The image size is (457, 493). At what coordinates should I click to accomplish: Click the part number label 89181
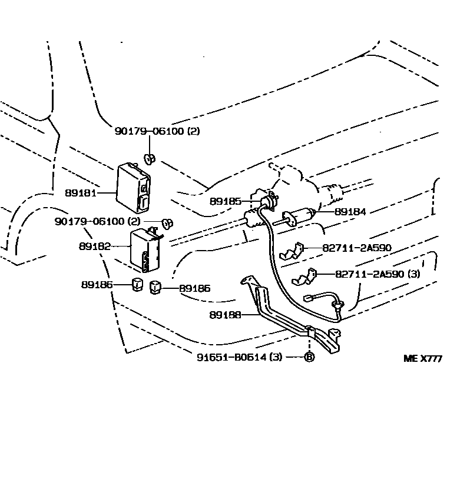coord(81,193)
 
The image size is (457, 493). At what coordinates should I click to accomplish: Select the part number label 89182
coord(95,246)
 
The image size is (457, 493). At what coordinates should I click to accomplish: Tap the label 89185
coord(226,201)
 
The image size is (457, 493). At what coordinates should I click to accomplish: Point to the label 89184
coord(350,212)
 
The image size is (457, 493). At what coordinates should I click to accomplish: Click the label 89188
coord(225,314)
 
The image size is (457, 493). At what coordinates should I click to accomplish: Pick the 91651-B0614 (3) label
coord(240,357)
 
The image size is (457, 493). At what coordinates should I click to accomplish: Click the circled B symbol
coord(309,357)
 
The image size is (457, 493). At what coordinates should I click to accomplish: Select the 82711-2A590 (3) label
coord(377,274)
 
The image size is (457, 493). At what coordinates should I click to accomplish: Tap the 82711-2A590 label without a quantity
coord(357,248)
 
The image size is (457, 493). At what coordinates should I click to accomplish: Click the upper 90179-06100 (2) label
coord(157,131)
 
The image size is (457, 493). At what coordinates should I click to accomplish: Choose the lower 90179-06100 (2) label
coord(98,221)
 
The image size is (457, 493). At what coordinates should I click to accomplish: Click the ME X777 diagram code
coord(423,358)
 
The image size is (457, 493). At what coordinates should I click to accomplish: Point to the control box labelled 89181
coord(133,188)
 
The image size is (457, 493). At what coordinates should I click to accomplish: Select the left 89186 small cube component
coord(137,284)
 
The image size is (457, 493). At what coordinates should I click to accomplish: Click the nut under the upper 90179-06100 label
coord(150,159)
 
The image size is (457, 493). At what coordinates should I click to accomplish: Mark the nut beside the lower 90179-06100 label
coord(167,224)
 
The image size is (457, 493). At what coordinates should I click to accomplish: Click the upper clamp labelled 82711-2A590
coord(291,251)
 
